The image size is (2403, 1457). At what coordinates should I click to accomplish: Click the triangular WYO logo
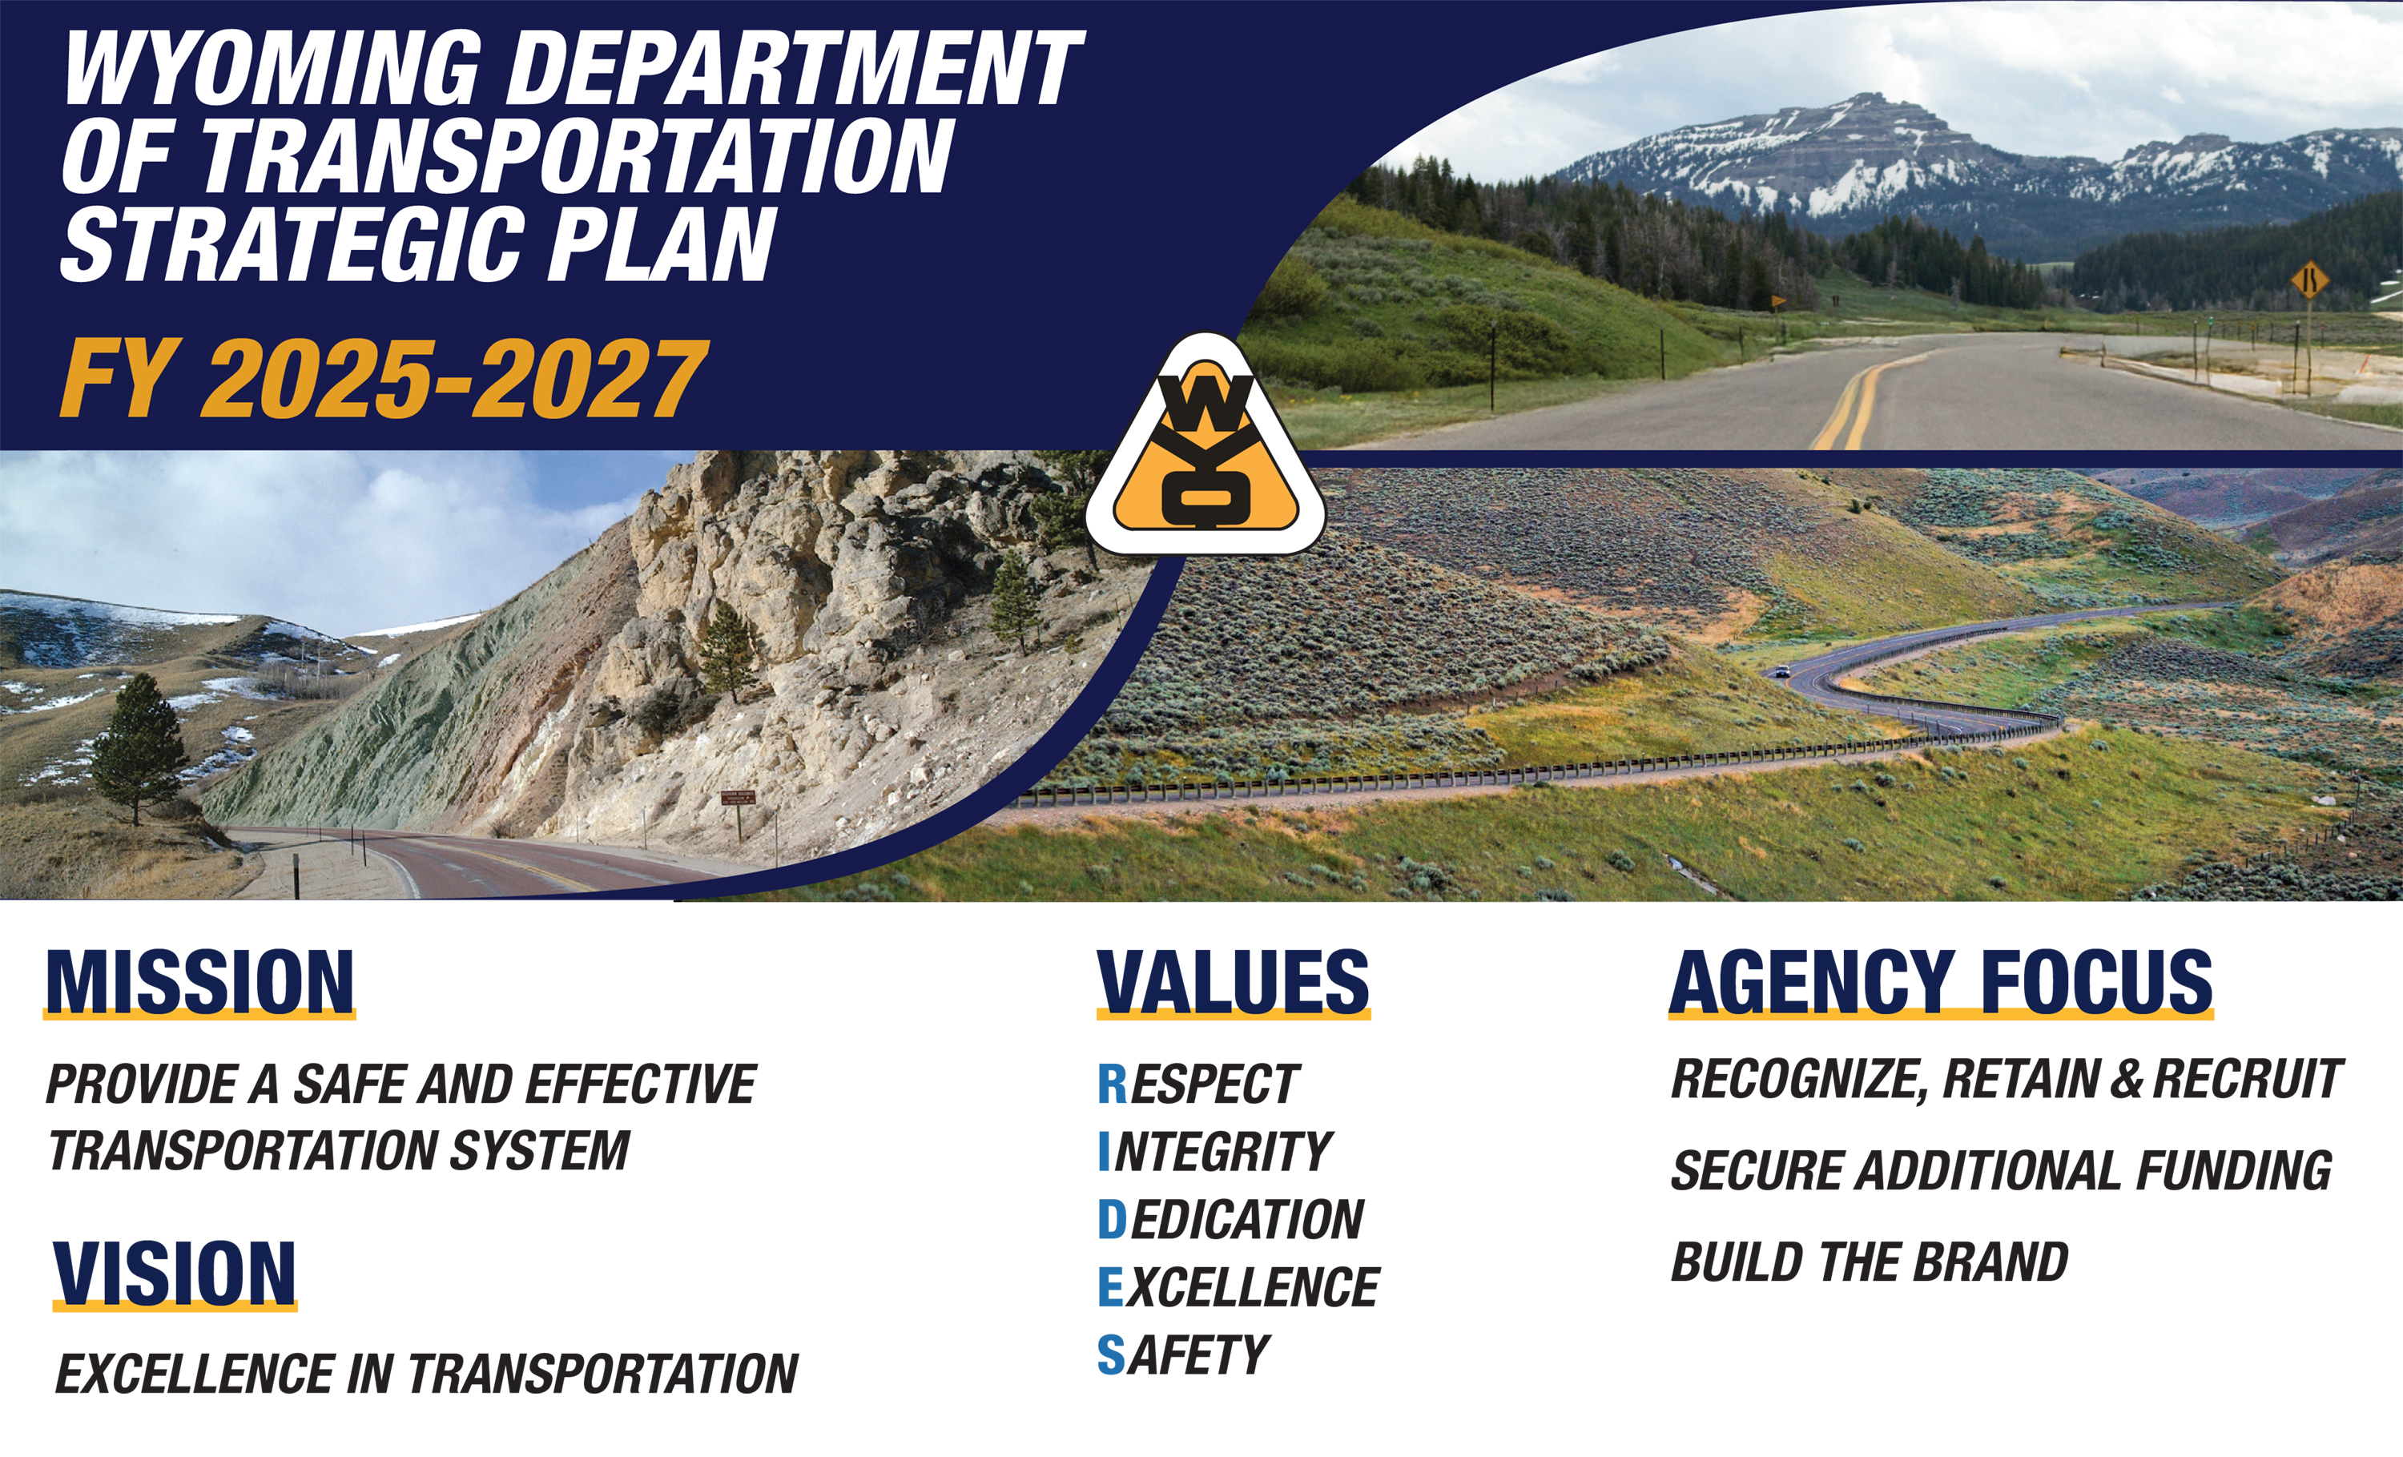[x=1206, y=447]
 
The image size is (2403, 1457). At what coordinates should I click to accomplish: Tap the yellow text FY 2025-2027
[x=382, y=380]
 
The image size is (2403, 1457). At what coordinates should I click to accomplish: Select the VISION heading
[x=175, y=1273]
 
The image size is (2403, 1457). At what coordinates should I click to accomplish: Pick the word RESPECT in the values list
[x=1198, y=1085]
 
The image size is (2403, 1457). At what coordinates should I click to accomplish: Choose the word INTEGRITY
[x=1215, y=1152]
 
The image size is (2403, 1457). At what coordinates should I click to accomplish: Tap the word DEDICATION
[x=1231, y=1220]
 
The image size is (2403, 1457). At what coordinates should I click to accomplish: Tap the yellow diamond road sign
[x=2308, y=284]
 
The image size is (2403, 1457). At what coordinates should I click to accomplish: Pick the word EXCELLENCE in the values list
[x=1238, y=1287]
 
